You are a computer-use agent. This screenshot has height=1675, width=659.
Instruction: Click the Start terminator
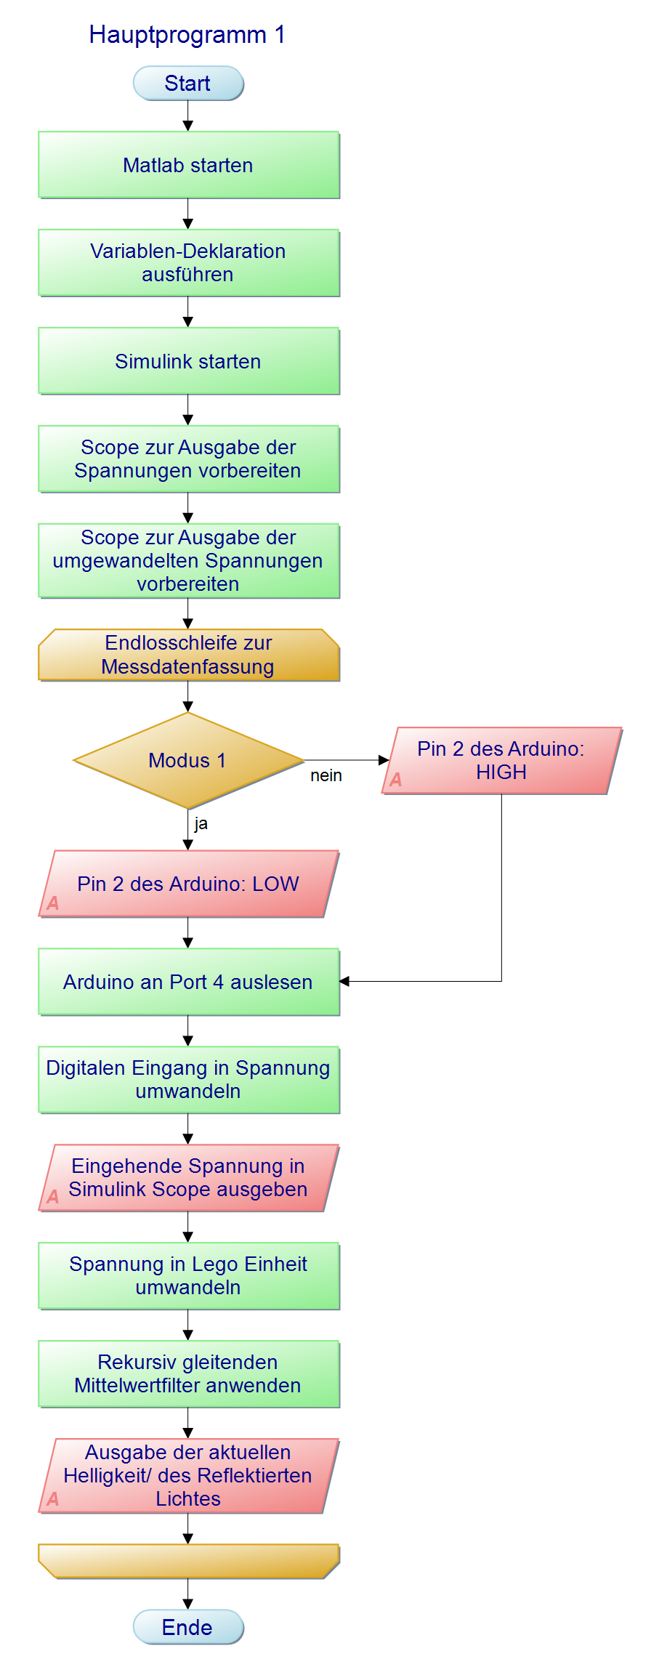188,83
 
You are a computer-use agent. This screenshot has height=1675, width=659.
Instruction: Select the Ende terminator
188,1626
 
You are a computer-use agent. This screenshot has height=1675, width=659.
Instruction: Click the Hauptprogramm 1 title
187,34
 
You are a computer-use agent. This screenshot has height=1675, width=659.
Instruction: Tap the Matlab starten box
189,165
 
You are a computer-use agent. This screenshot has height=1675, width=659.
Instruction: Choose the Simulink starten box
189,361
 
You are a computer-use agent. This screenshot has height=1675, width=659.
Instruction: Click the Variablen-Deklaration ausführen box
189,263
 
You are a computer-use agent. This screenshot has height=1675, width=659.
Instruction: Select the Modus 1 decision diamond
188,760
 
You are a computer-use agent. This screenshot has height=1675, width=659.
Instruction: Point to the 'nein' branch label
326,775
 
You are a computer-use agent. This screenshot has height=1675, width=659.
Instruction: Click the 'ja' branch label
201,823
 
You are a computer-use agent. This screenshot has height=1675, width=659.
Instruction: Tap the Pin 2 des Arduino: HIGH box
502,760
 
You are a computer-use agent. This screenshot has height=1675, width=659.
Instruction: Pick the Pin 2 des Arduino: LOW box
189,884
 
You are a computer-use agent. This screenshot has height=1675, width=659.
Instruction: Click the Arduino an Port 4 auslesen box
189,982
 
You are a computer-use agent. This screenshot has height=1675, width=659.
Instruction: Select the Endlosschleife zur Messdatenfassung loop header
189,655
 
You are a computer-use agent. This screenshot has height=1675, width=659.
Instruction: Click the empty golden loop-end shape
189,1561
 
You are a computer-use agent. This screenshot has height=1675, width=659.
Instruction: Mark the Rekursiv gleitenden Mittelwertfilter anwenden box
189,1374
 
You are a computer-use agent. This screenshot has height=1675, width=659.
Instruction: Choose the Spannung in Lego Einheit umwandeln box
189,1276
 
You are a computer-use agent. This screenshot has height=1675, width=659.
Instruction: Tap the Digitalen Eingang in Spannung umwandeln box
189,1080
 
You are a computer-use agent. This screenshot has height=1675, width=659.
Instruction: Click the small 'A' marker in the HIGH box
396,780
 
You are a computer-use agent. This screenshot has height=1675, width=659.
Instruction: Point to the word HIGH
501,772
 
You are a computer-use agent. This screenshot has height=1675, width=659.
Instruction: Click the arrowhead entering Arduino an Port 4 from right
344,981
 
